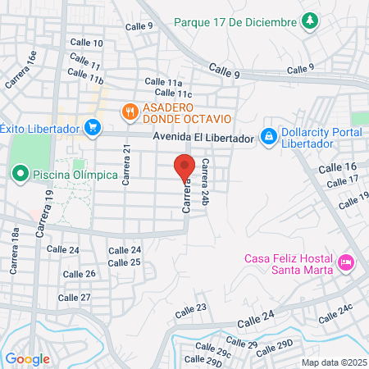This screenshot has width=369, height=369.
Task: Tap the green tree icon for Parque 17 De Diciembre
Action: (310, 20)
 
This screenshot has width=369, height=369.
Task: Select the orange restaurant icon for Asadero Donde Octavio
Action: (129, 111)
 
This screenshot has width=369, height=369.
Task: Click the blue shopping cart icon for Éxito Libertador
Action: (92, 128)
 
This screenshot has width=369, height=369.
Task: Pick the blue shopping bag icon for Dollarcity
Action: (268, 134)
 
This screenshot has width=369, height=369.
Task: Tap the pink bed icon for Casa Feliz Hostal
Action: (346, 263)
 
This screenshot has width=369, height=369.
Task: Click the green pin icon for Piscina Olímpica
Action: (20, 174)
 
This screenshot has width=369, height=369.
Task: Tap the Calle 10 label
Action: (87, 43)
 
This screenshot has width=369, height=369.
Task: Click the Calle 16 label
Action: (343, 166)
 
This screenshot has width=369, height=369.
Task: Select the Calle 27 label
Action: (75, 298)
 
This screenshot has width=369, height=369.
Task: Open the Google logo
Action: (27, 358)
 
